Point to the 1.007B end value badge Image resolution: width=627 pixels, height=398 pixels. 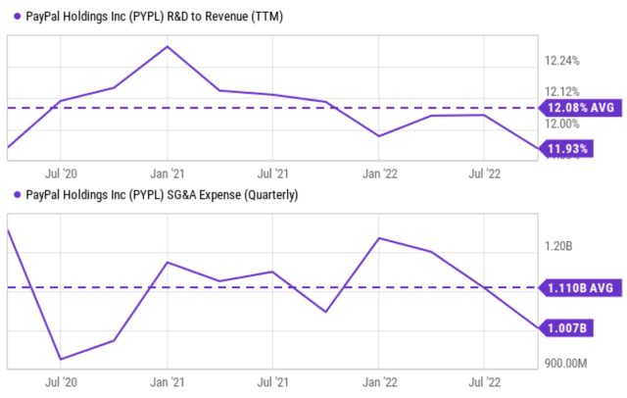[567, 327]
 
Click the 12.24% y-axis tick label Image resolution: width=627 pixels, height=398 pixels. [562, 61]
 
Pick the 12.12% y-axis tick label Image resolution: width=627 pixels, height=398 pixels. [562, 91]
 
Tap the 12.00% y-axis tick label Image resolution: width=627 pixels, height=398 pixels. [562, 124]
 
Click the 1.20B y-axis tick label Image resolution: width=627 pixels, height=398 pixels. [559, 246]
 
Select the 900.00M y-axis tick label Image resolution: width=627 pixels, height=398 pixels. [566, 364]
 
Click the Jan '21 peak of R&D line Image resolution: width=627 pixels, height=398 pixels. [168, 46]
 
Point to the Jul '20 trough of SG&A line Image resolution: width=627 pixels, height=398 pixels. [61, 359]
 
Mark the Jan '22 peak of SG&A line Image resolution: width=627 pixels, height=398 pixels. [379, 238]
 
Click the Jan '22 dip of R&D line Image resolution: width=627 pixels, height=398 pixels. [379, 136]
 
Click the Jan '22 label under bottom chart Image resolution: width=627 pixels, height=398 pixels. [379, 381]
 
